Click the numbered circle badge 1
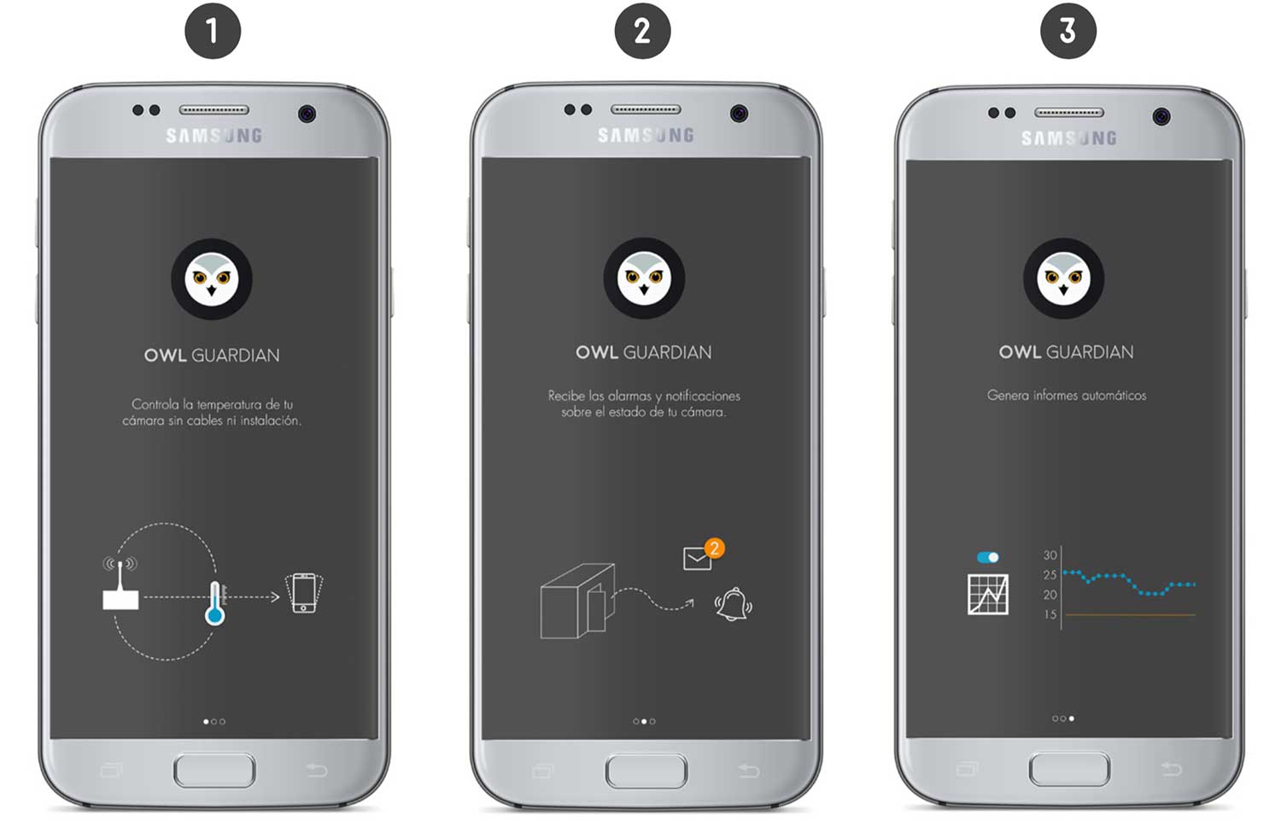(213, 31)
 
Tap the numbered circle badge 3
(1067, 31)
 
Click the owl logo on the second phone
(644, 279)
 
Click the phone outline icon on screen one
(304, 593)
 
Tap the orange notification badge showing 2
(714, 548)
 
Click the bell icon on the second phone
(733, 605)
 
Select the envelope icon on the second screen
(697, 559)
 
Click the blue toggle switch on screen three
(987, 557)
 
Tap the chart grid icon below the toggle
(987, 595)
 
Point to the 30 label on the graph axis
(1050, 555)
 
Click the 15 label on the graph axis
(1050, 615)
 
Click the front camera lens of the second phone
(739, 114)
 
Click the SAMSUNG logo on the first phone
(213, 136)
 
